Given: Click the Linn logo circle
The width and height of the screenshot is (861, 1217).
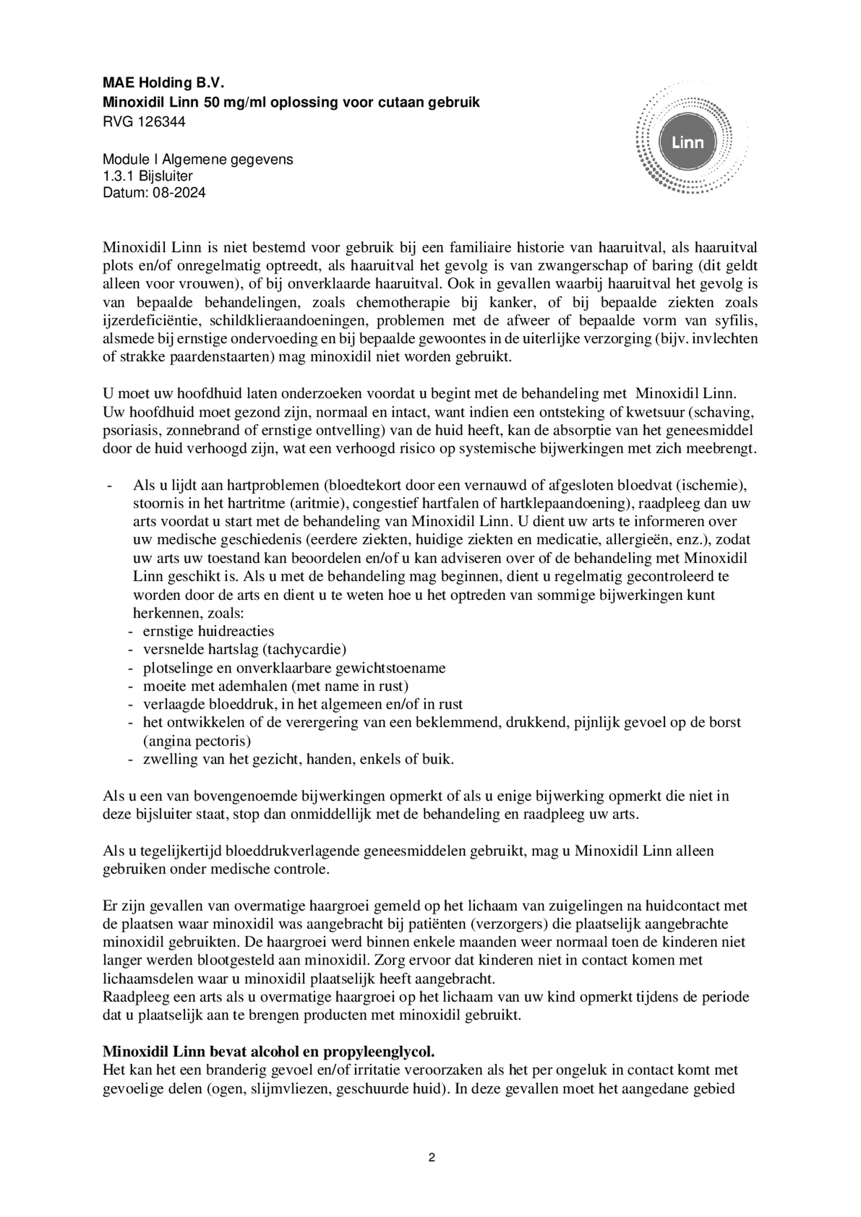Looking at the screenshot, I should point(688,142).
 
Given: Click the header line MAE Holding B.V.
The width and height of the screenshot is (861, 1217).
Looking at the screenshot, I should point(163,84).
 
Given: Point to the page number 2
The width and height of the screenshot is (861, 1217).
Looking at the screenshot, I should point(431,1157).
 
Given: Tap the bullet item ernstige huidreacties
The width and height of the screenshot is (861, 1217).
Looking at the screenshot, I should point(209,632).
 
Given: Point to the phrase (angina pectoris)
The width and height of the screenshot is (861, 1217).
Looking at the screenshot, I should point(197,741).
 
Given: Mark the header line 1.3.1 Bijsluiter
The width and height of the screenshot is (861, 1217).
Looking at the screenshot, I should point(148,176).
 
